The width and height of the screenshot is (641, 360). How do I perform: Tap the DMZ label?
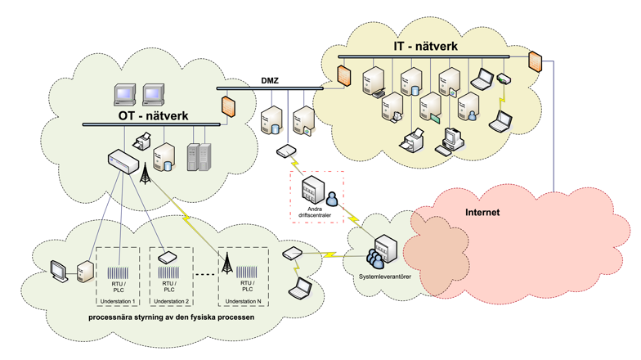pyautogui.click(x=271, y=79)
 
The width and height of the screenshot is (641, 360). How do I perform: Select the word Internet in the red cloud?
pyautogui.click(x=482, y=213)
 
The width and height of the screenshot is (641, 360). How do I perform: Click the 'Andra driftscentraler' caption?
pyautogui.click(x=317, y=214)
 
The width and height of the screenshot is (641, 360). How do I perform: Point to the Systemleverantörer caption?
pyautogui.click(x=384, y=277)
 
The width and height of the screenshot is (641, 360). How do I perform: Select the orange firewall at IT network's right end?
pyautogui.click(x=536, y=61)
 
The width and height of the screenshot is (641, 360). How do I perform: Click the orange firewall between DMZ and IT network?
pyautogui.click(x=345, y=75)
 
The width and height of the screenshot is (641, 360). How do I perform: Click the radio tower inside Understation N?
pyautogui.click(x=227, y=263)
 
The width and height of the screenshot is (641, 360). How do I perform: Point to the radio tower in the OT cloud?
pyautogui.click(x=146, y=174)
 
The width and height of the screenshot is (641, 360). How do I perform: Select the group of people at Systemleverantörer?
pyautogui.click(x=375, y=257)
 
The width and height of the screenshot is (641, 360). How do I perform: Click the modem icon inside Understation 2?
pyautogui.click(x=168, y=258)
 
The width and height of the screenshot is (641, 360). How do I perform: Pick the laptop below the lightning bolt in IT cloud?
pyautogui.click(x=500, y=122)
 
